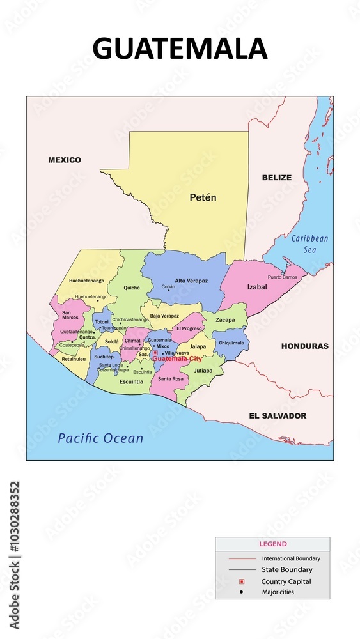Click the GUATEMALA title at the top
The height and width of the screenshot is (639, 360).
(x=180, y=49)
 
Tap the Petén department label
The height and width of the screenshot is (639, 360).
(x=203, y=198)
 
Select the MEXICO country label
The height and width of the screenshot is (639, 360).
(x=65, y=160)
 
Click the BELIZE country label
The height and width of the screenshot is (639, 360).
(x=276, y=178)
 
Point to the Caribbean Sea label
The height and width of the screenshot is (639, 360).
(x=309, y=244)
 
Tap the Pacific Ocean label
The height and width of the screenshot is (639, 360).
(x=100, y=438)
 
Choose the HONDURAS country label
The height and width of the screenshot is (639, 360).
(x=304, y=346)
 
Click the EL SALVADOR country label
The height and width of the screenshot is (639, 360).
(x=278, y=416)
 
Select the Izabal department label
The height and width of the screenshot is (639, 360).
(x=256, y=288)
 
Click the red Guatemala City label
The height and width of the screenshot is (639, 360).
(x=177, y=358)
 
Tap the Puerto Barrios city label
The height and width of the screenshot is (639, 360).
(x=283, y=277)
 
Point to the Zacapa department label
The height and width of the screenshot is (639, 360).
(x=225, y=320)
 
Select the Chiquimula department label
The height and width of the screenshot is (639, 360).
(x=231, y=343)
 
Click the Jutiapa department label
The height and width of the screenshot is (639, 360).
(x=203, y=370)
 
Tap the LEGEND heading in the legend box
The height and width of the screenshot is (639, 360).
(x=273, y=544)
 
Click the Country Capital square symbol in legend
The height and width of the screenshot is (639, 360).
(x=242, y=581)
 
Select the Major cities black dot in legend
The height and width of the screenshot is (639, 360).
(x=242, y=592)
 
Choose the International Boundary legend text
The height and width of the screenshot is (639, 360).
(x=291, y=558)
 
